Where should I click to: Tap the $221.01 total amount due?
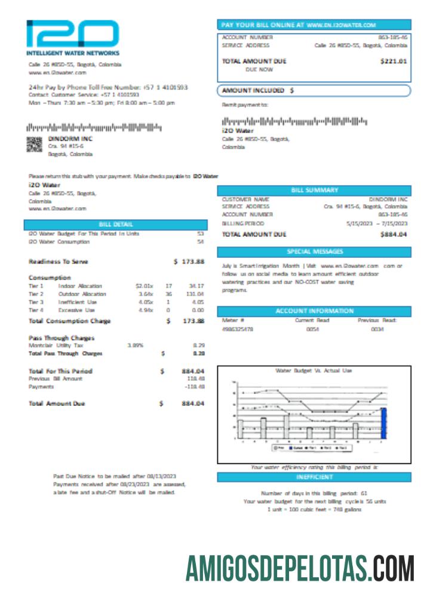[394, 60]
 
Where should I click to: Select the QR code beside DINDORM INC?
[35, 144]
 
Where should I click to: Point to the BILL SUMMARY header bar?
[314, 190]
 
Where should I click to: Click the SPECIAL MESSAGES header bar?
[314, 251]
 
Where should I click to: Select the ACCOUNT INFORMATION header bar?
[314, 311]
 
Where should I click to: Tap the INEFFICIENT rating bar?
[314, 478]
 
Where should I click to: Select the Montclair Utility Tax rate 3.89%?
[135, 345]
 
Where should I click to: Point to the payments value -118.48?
[195, 387]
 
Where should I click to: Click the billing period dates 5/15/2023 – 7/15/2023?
[376, 223]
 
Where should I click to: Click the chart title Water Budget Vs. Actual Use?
[314, 371]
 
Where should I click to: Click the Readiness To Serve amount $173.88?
[189, 261]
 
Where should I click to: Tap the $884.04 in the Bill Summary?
[394, 235]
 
